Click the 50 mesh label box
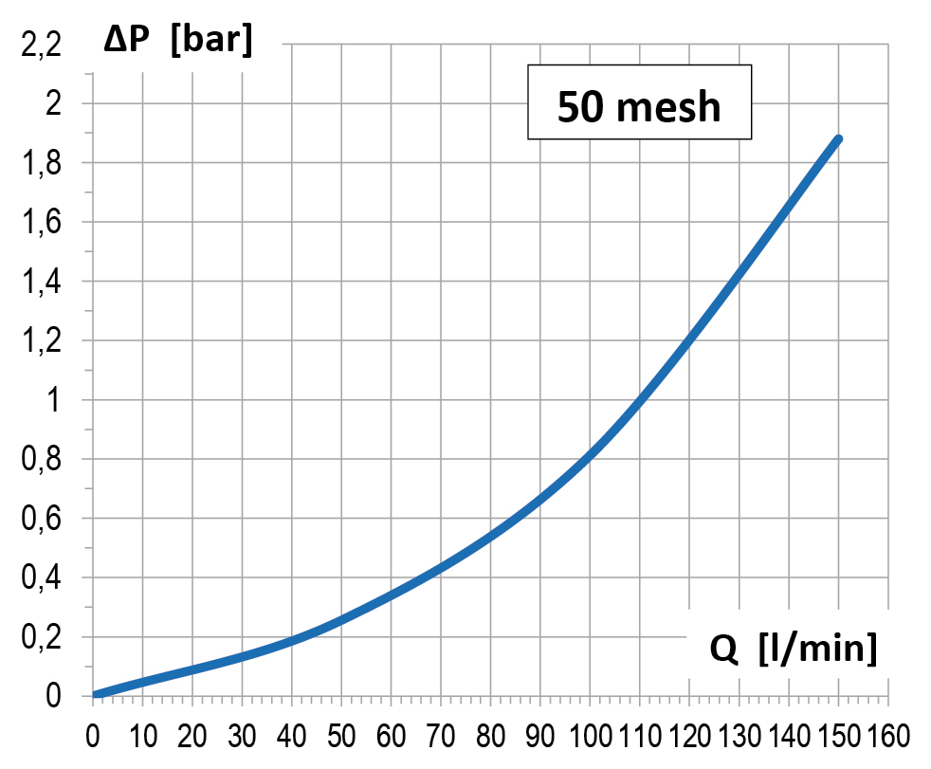[x=639, y=102]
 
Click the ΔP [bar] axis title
[x=178, y=41]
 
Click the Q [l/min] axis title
[x=794, y=648]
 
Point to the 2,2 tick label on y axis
[x=41, y=46]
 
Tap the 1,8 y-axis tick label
[x=41, y=163]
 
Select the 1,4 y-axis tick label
[x=41, y=282]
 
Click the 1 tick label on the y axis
[x=53, y=399]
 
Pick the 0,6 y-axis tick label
[x=41, y=519]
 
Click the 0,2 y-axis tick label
[x=41, y=637]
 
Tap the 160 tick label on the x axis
[x=888, y=737]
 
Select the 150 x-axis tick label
[x=838, y=737]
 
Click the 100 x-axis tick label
[x=591, y=737]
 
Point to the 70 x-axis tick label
[x=441, y=737]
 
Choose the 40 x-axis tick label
[x=292, y=737]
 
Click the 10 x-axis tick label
[x=142, y=737]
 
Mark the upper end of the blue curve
[x=838, y=139]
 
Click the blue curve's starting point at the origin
[x=95, y=695]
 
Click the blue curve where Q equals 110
[x=639, y=399]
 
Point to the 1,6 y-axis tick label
[x=41, y=222]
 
